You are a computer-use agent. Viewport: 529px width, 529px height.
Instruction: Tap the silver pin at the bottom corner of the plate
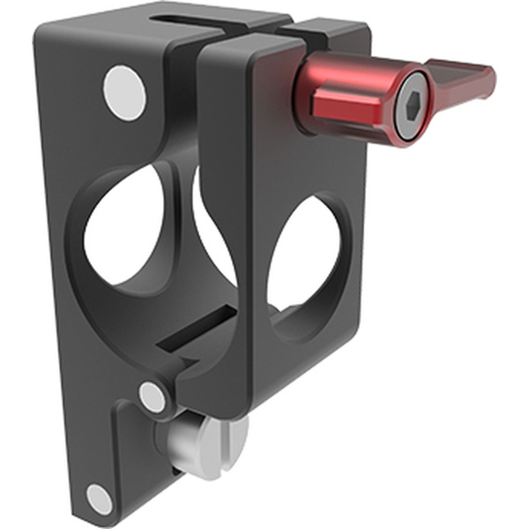click(99, 500)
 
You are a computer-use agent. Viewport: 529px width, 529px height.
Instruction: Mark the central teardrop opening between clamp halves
click(212, 220)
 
